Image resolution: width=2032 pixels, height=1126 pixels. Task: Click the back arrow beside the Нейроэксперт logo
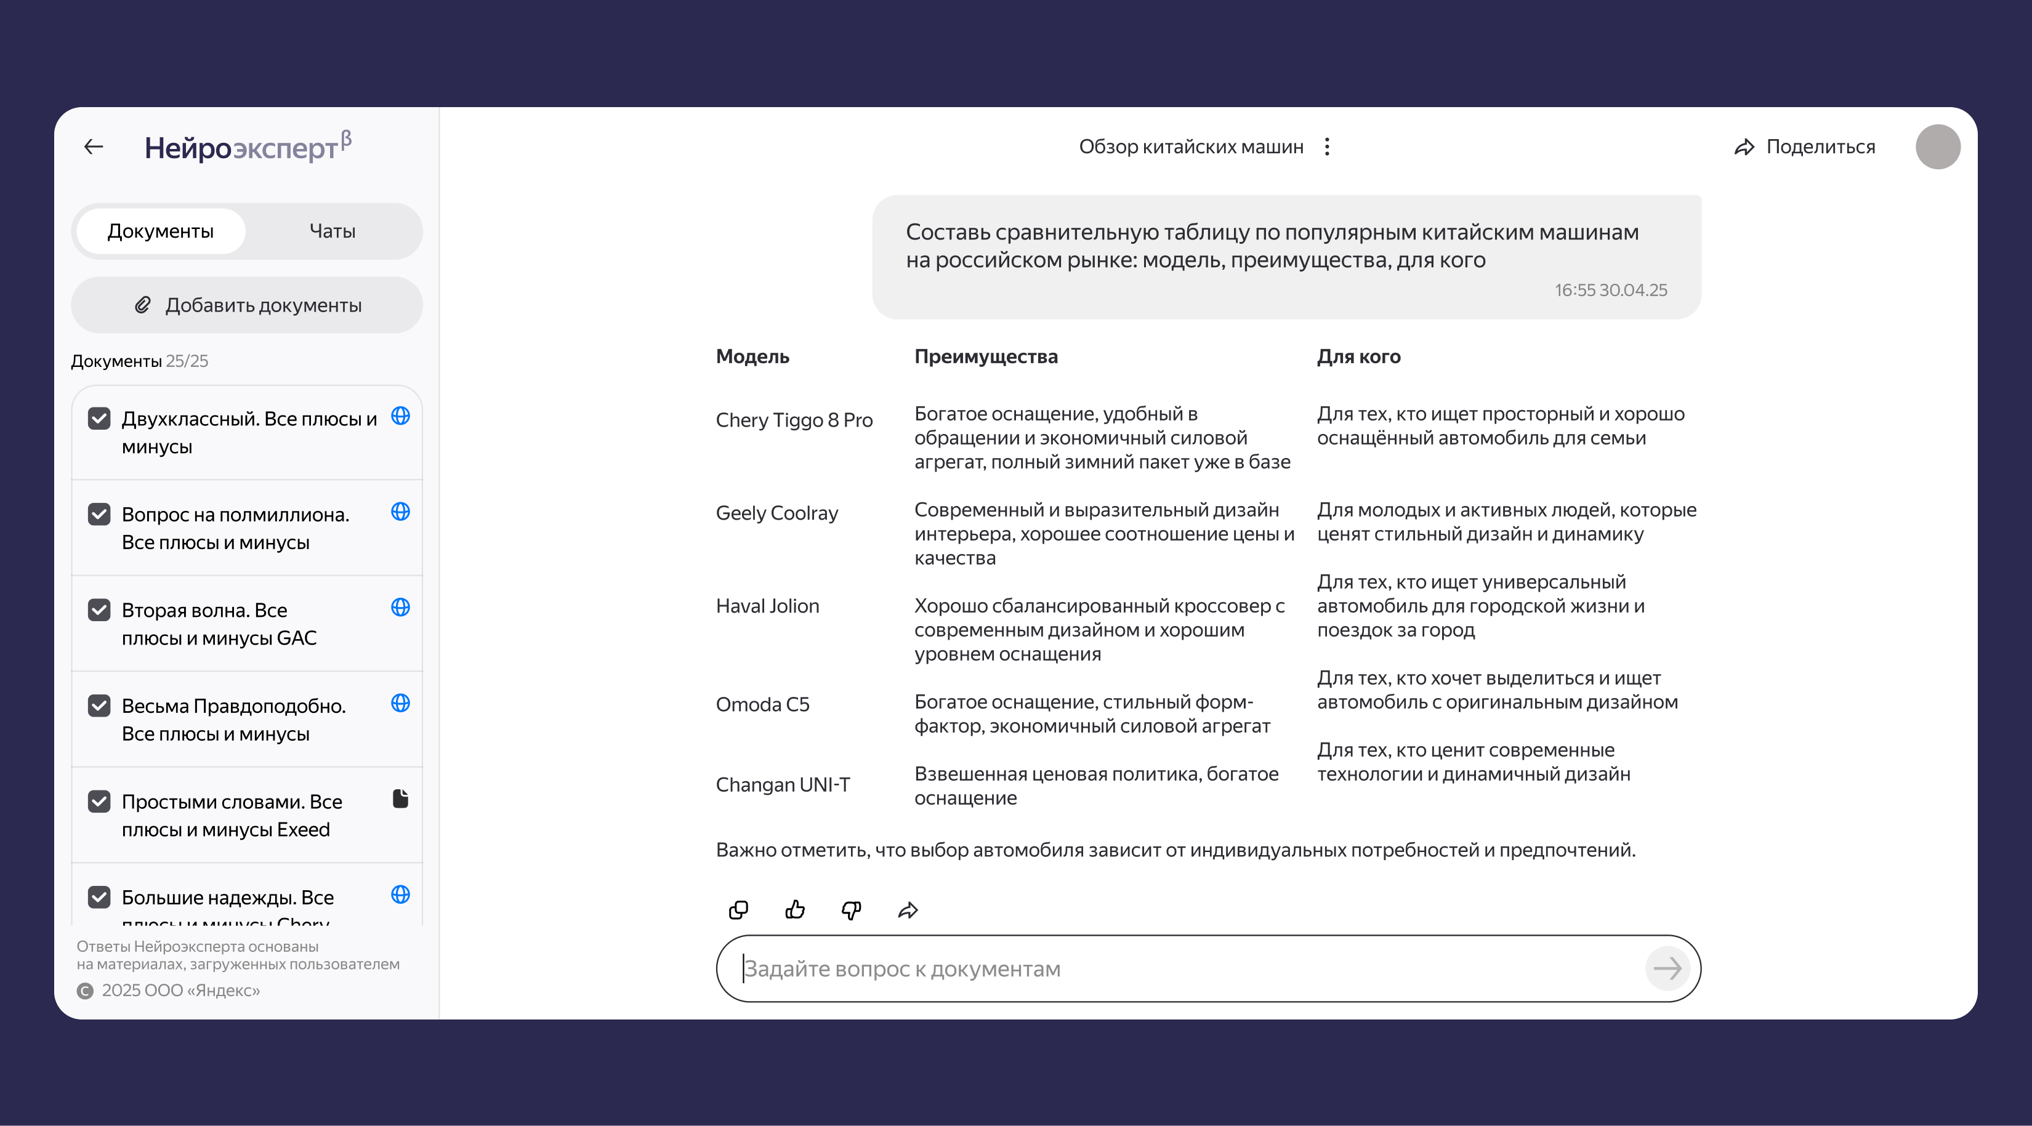pos(94,147)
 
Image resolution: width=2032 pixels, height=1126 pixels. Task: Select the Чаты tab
pos(332,231)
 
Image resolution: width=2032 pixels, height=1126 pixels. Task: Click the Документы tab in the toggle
pos(160,231)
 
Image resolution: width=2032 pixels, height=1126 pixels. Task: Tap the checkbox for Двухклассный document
pos(99,419)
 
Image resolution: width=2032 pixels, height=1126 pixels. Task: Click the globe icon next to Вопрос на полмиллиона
pos(401,512)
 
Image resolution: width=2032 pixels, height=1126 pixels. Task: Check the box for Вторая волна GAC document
pos(99,609)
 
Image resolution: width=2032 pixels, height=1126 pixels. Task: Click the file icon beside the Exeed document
pos(401,798)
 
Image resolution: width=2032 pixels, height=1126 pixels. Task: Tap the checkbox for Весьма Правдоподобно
pos(99,705)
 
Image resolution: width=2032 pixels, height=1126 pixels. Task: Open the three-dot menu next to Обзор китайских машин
pos(1328,147)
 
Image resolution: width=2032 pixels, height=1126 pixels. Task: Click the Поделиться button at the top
pos(1805,147)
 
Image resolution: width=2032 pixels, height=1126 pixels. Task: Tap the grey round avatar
pos(1937,147)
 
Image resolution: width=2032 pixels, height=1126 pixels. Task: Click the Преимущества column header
pos(986,356)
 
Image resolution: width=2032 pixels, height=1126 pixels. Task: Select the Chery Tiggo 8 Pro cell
pos(794,420)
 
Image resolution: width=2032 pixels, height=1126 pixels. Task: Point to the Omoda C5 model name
pos(762,704)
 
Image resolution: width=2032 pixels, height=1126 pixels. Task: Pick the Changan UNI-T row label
pos(783,784)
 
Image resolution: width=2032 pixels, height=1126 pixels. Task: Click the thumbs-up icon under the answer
pos(795,910)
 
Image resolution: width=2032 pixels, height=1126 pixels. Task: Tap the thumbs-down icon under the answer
pos(851,910)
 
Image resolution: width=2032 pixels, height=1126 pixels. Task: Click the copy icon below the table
pos(738,910)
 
